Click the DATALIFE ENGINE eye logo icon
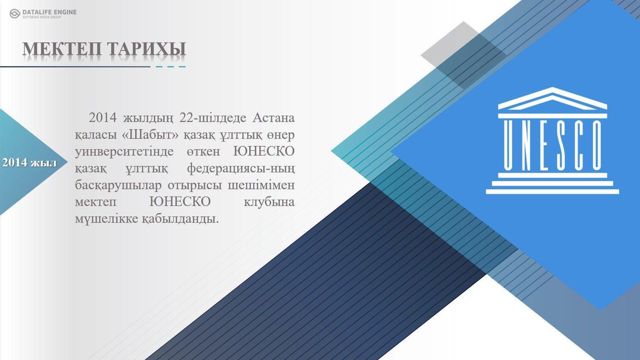point(15,14)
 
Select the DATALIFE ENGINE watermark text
point(50,12)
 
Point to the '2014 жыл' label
point(30,162)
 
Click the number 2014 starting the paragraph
point(102,118)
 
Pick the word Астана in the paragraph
point(274,118)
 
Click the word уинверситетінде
point(124,152)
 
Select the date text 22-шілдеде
point(212,118)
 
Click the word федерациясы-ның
point(241,168)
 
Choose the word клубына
point(269,202)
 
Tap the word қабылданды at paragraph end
point(180,219)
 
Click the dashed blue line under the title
point(170,67)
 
